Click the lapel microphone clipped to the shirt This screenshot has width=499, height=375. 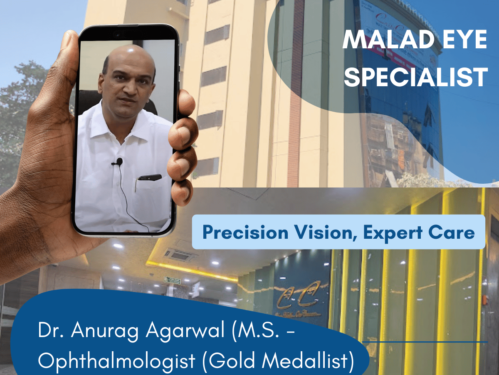pyautogui.click(x=119, y=161)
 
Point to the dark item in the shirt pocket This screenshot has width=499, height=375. pyautogui.click(x=149, y=177)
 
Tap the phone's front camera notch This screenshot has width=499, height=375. pyautogui.click(x=125, y=34)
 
